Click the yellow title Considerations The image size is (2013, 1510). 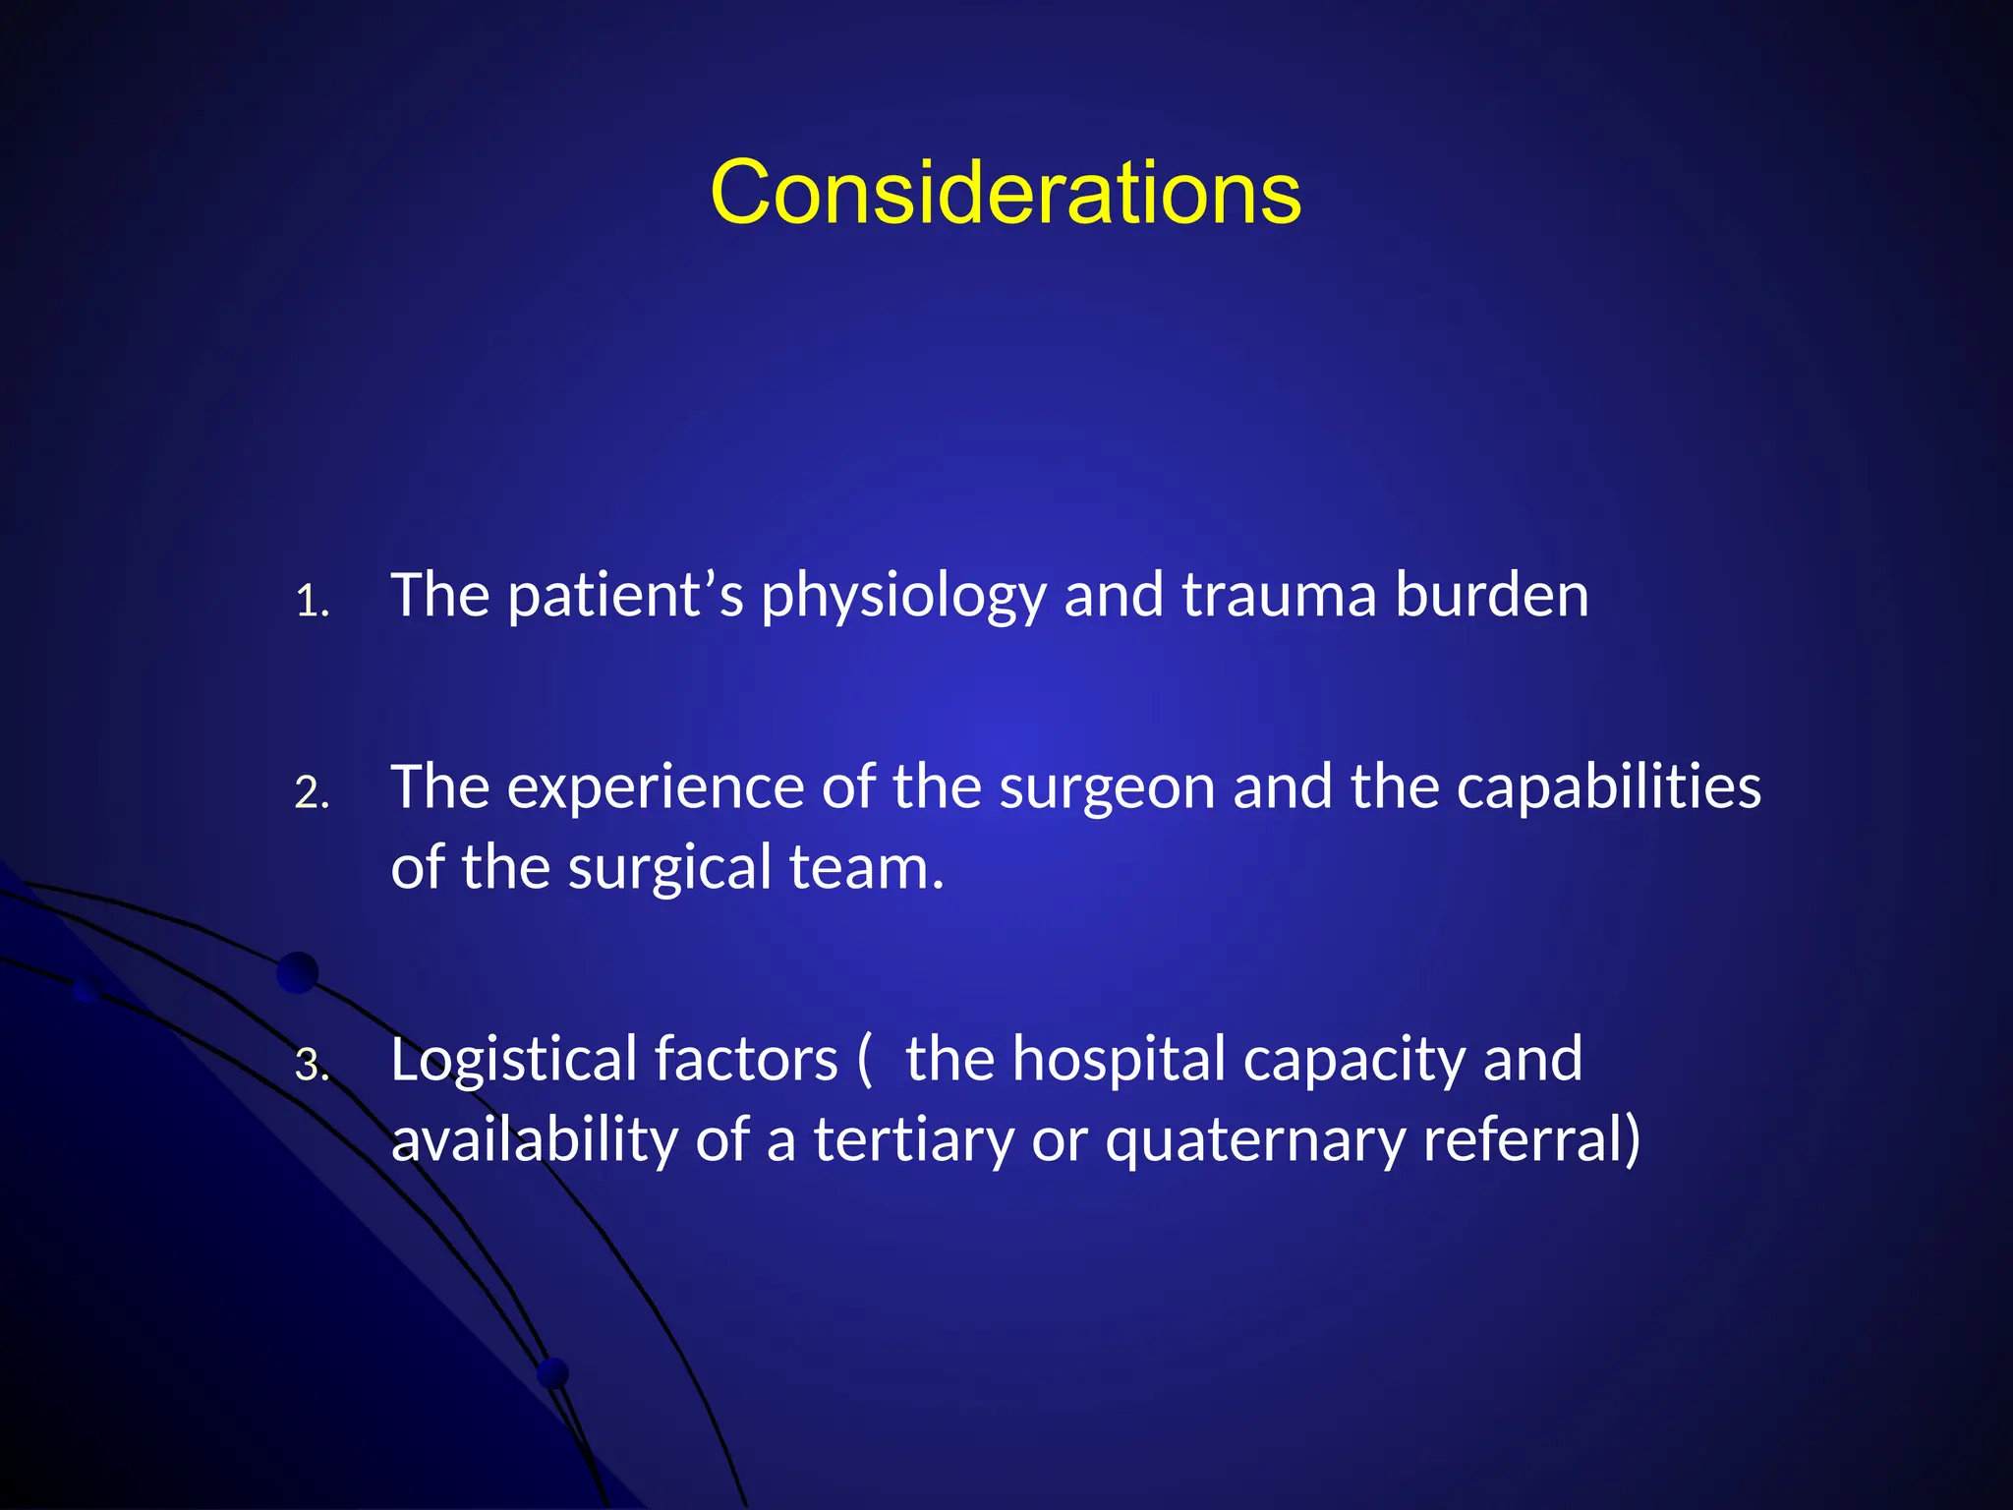pyautogui.click(x=1006, y=193)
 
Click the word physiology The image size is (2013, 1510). pyautogui.click(x=903, y=598)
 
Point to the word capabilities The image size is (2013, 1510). pyautogui.click(x=1608, y=787)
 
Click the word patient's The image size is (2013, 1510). pyautogui.click(x=625, y=596)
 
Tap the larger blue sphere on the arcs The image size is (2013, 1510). pyautogui.click(x=298, y=972)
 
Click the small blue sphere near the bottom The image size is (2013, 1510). pyautogui.click(x=553, y=1372)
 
